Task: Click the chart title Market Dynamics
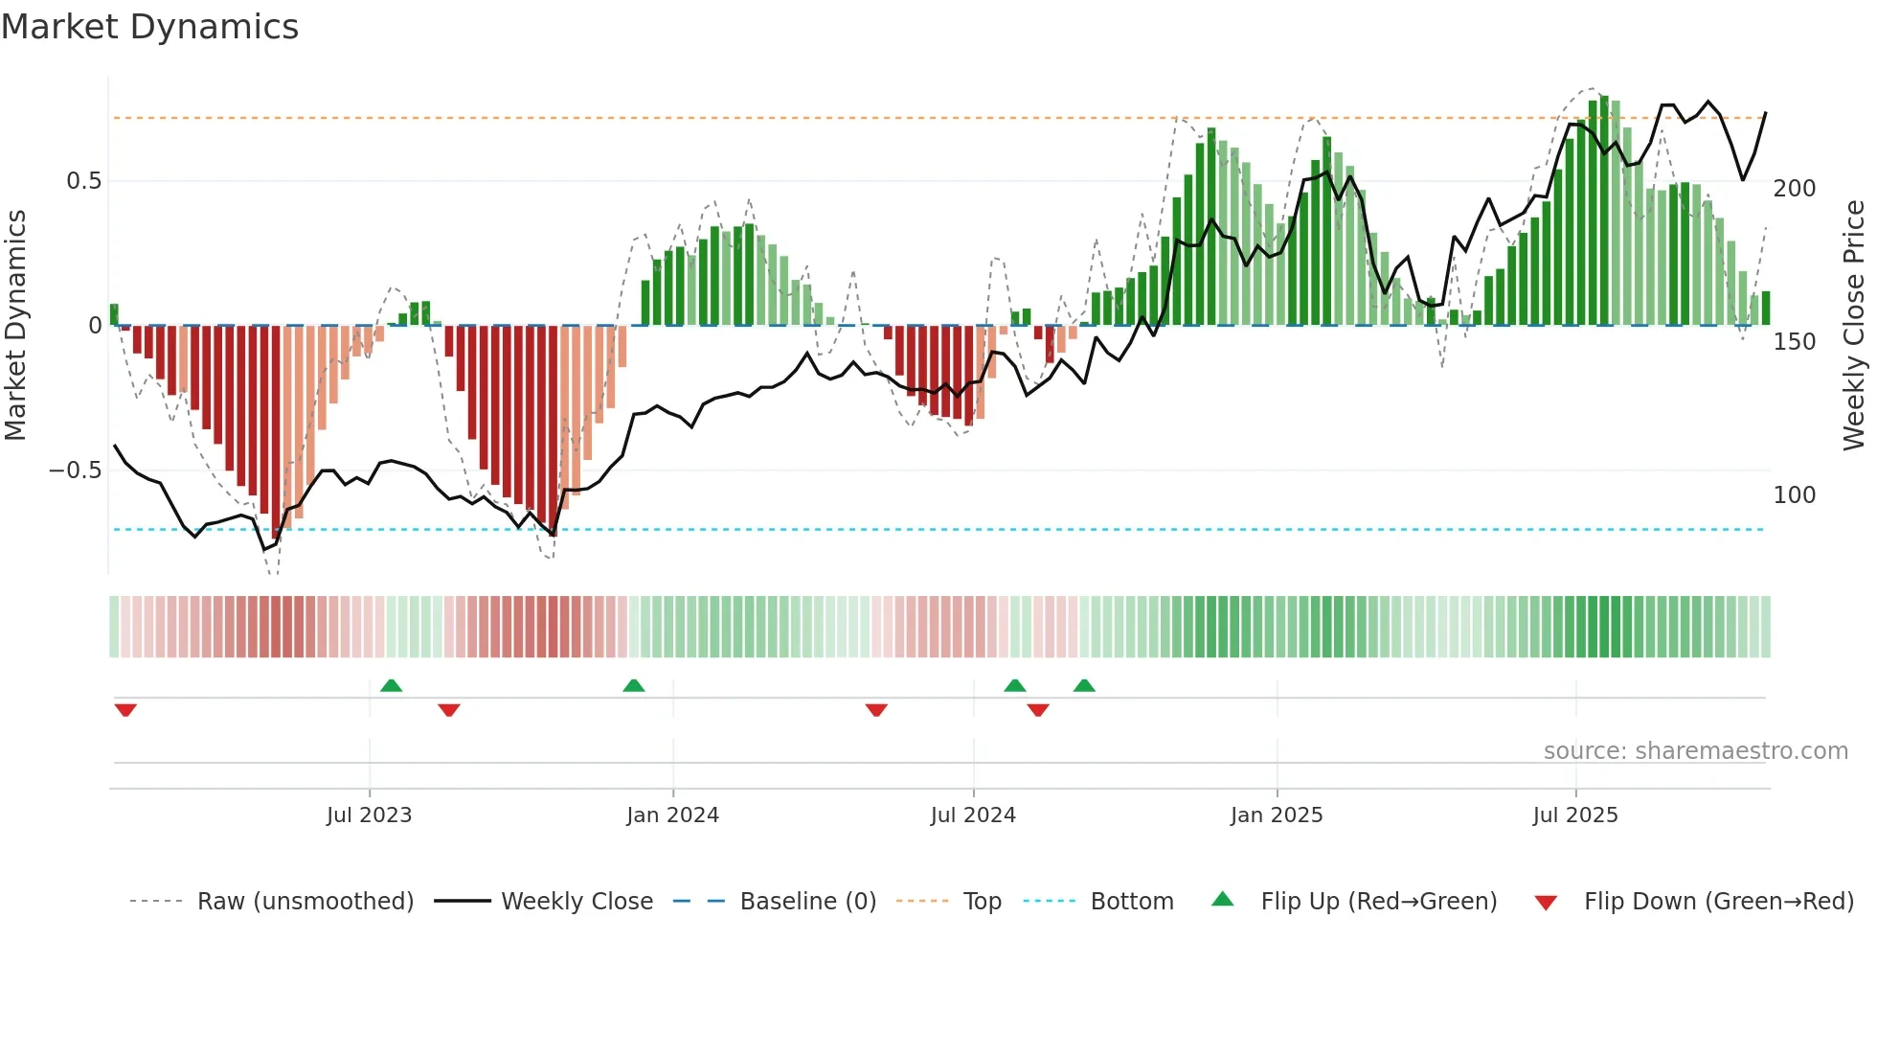pyautogui.click(x=149, y=27)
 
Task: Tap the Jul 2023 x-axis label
pyautogui.click(x=369, y=815)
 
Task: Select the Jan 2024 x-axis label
pyautogui.click(x=672, y=815)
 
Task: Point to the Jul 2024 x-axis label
pyautogui.click(x=973, y=815)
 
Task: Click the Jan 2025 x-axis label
pyautogui.click(x=1277, y=815)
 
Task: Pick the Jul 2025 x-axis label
pyautogui.click(x=1575, y=815)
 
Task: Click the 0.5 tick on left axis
pyautogui.click(x=83, y=181)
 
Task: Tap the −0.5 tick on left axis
pyautogui.click(x=76, y=471)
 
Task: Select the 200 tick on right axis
pyautogui.click(x=1795, y=189)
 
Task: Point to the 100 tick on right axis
pyautogui.click(x=1795, y=495)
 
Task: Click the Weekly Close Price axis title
pyautogui.click(x=1854, y=326)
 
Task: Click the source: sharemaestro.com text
pyautogui.click(x=1695, y=751)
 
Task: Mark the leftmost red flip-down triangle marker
pyautogui.click(x=125, y=710)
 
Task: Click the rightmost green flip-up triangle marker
pyautogui.click(x=1084, y=685)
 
